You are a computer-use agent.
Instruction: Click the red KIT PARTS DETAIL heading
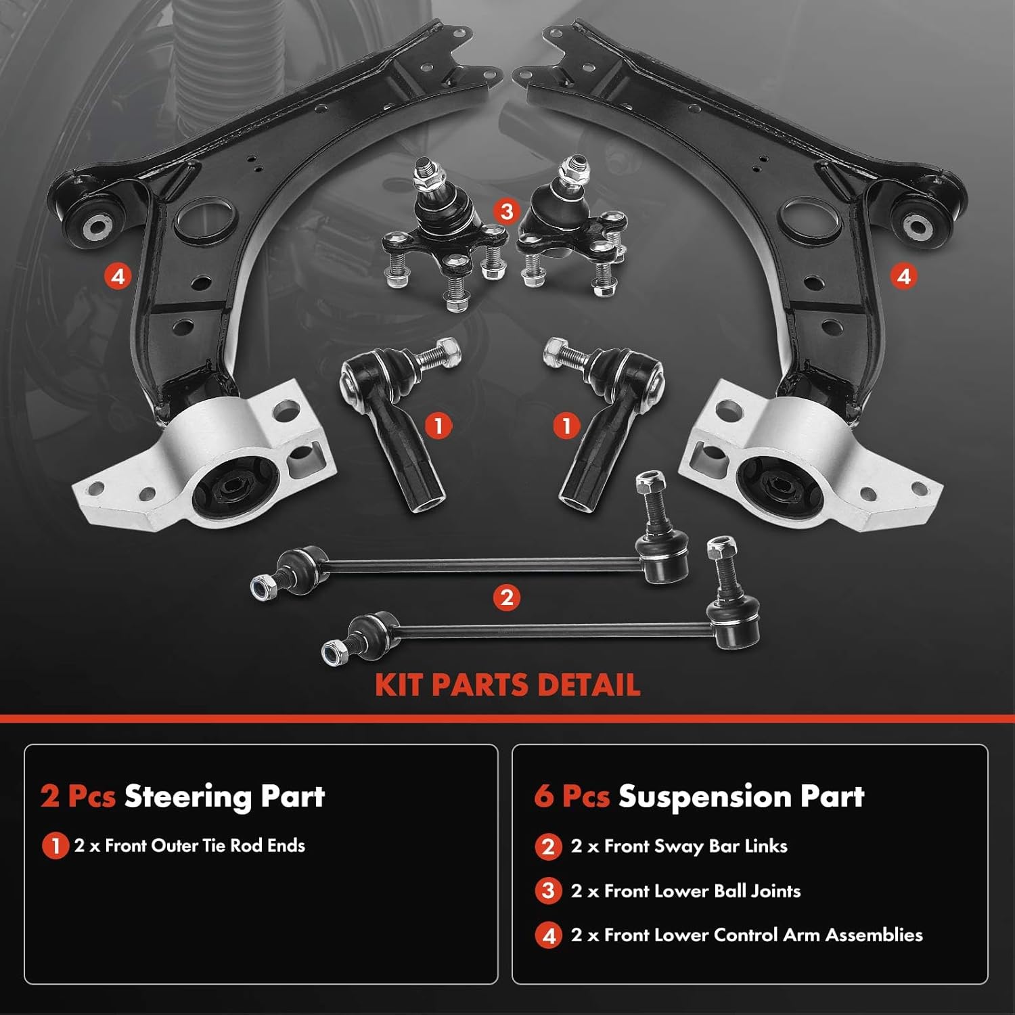pos(507,685)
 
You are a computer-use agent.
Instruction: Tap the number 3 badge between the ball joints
pos(507,211)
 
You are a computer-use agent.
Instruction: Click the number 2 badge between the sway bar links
pos(507,597)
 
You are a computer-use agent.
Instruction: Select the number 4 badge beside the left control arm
pos(118,276)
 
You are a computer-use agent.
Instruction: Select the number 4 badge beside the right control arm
pos(903,276)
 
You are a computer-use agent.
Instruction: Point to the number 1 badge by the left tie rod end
pos(438,426)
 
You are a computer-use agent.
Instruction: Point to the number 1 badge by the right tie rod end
pos(566,426)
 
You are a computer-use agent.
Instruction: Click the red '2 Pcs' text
pos(78,796)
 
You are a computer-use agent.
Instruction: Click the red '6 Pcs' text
pos(572,796)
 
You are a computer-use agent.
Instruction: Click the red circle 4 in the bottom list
pos(548,936)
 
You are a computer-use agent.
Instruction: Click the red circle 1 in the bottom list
pos(55,847)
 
